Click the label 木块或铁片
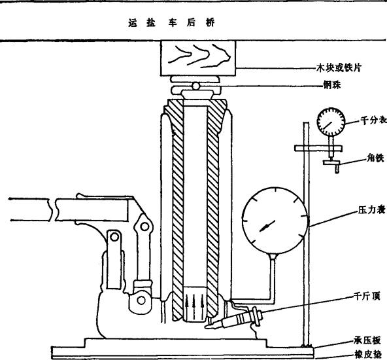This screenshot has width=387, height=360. click(339, 67)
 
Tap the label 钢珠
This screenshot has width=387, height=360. click(332, 84)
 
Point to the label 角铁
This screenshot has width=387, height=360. click(375, 158)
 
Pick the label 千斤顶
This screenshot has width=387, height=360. click(367, 296)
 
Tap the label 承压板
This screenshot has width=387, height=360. click(367, 341)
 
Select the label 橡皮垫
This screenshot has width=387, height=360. click(368, 355)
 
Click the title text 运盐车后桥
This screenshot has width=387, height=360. click(171, 23)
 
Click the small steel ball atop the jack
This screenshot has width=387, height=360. click(195, 86)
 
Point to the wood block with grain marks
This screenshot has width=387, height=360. click(198, 58)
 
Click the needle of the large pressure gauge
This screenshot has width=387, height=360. click(267, 226)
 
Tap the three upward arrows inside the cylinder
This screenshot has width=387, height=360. click(194, 304)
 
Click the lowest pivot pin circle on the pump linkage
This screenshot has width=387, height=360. click(141, 300)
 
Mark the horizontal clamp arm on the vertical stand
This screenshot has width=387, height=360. click(318, 148)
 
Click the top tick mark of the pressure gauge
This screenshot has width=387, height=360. click(275, 190)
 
